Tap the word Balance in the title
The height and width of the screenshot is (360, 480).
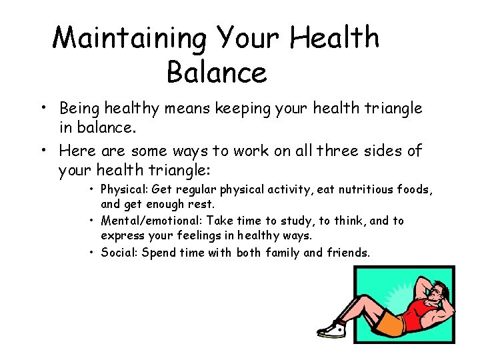point(217,72)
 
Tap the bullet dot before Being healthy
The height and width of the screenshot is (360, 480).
point(41,108)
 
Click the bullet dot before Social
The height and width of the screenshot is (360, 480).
point(92,253)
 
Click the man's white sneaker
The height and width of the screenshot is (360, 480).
point(331,329)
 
